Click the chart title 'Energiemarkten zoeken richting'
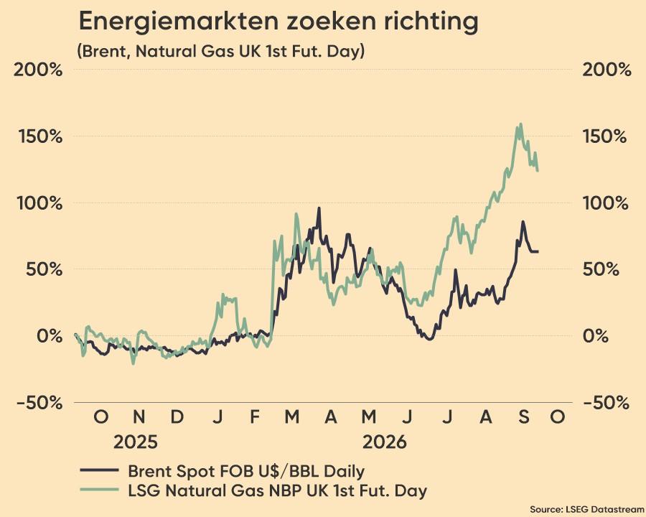[x=278, y=22]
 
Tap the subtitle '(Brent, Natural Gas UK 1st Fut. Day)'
[x=221, y=52]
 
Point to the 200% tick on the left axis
[x=38, y=70]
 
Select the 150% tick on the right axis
[x=605, y=136]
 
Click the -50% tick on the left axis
[x=40, y=402]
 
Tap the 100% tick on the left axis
[x=40, y=203]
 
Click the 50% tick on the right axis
[x=601, y=270]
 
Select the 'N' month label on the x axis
[x=139, y=416]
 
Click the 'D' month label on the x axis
[x=177, y=416]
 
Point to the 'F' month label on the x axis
[x=255, y=416]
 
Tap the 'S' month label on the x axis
[x=524, y=416]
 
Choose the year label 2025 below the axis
[x=136, y=442]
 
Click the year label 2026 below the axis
[x=385, y=442]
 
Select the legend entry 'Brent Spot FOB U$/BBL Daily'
[x=223, y=471]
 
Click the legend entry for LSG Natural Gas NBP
[x=253, y=490]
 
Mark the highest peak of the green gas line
[x=521, y=124]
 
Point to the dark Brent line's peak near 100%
[x=319, y=208]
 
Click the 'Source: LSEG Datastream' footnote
[x=587, y=509]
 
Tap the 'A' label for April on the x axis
[x=331, y=416]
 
